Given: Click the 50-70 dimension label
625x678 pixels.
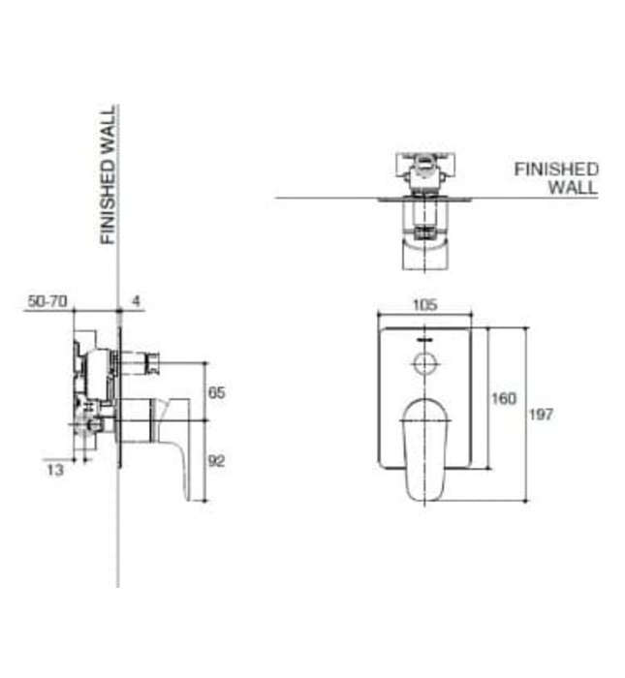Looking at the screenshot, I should click(x=47, y=302).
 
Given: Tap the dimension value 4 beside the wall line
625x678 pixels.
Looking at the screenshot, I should click(x=136, y=302).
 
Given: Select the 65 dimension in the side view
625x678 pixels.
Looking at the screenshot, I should click(x=216, y=393).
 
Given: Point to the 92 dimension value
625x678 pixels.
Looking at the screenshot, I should click(x=216, y=461).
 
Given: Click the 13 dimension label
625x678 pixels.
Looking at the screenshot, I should click(x=56, y=471).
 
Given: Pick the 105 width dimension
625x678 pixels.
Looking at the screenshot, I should click(x=424, y=305).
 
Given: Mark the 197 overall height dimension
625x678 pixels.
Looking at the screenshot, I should click(x=542, y=415).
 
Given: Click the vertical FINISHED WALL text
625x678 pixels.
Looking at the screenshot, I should click(x=109, y=174).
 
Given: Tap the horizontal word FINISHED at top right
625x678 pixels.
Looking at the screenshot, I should click(x=556, y=169).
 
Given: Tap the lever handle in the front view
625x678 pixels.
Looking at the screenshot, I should click(x=424, y=446).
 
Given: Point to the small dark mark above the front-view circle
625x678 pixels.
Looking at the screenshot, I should click(x=424, y=341).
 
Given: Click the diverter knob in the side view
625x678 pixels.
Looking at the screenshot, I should click(x=149, y=365).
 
